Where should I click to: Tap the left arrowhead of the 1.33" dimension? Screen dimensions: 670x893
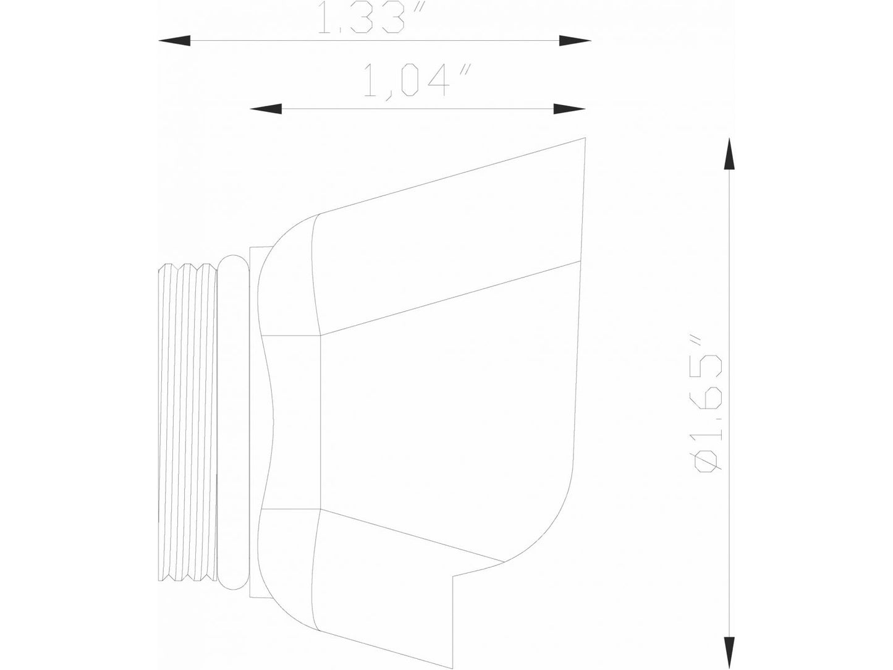pos(174,41)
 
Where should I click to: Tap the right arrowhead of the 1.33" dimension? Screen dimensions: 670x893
pos(575,41)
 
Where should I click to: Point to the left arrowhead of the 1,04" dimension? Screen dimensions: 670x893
pos(266,109)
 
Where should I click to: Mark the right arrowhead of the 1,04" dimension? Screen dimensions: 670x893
pos(569,109)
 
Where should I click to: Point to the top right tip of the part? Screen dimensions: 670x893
pos(584,138)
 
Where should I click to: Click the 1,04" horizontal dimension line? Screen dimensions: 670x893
pos(418,109)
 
